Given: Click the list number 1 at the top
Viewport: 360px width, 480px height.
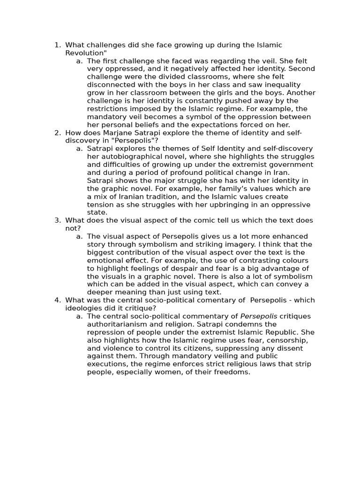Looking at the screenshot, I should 57,45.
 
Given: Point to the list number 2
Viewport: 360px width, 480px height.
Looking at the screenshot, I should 57,133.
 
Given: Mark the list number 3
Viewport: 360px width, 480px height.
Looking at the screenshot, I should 57,220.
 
